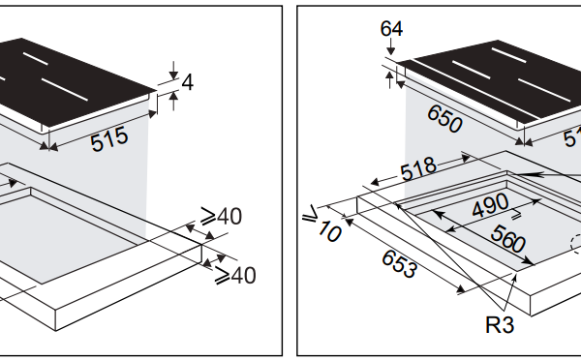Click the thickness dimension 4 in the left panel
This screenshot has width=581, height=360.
coord(188,82)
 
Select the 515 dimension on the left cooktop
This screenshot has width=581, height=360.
coord(109,138)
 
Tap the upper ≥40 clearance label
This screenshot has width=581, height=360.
coord(221,216)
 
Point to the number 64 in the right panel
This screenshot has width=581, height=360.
coord(392,28)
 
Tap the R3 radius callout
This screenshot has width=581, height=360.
coord(500,324)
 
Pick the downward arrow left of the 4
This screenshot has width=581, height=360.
coord(171,69)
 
